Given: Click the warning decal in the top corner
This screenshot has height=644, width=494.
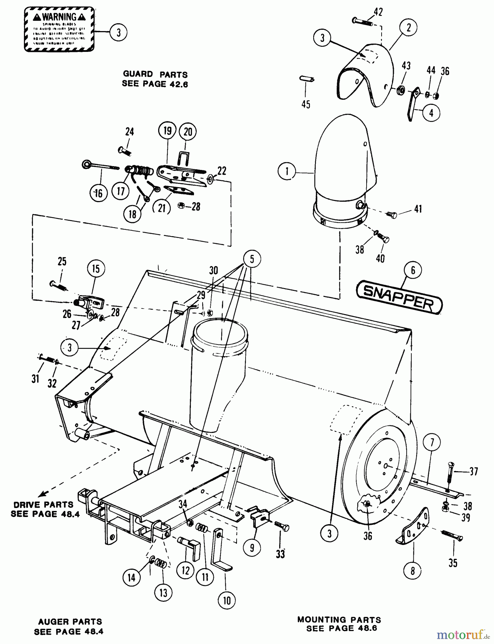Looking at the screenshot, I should [59, 29].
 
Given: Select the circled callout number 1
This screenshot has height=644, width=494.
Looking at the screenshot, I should [287, 171].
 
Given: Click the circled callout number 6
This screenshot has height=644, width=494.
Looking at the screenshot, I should [413, 270].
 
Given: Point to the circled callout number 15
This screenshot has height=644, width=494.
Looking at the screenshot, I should [96, 269].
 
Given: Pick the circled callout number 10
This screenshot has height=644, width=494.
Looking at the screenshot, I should [227, 600].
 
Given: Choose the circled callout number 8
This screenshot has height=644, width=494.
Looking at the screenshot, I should [412, 571].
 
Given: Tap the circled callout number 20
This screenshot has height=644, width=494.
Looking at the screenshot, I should [188, 132].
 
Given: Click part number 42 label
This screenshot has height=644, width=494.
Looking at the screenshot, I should [378, 12].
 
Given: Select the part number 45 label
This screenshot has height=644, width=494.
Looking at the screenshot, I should [306, 104].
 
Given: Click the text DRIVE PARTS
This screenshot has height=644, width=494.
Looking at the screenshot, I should [43, 505].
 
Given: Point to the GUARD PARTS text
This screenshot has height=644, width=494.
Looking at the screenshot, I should [155, 74].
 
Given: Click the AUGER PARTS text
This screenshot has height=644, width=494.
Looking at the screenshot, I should [70, 622].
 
